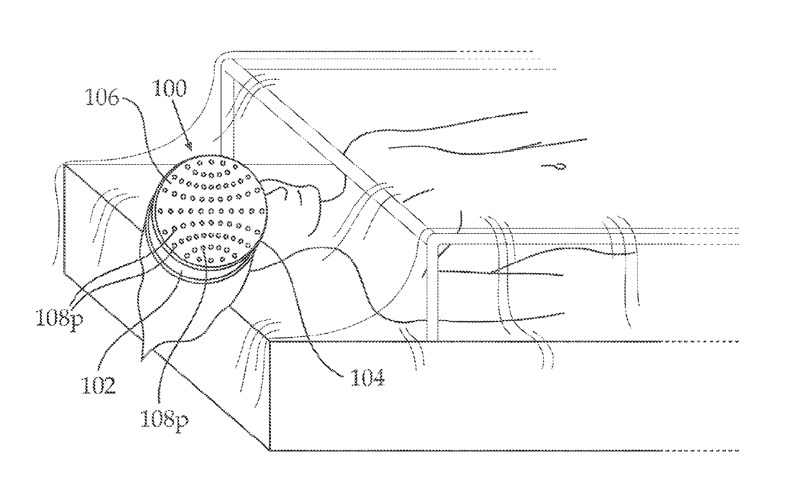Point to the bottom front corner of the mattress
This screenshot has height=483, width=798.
coord(271,450)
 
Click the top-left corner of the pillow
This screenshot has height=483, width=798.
coord(64,164)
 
